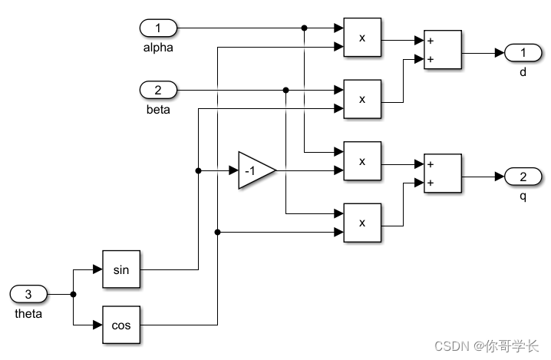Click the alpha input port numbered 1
(158, 28)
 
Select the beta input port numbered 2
(158, 90)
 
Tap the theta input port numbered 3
(29, 294)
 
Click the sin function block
(122, 269)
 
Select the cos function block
(122, 325)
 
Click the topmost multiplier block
(362, 37)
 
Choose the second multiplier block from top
(362, 99)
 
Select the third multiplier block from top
(362, 161)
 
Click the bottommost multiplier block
(362, 223)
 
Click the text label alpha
(158, 48)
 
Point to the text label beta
(158, 109)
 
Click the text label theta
(29, 313)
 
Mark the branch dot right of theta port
(73, 294)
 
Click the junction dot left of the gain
(199, 170)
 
